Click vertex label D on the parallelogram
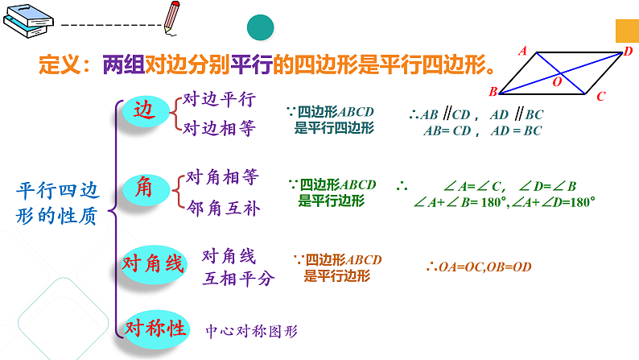[628, 52]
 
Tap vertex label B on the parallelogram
[493, 91]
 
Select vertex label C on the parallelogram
[600, 96]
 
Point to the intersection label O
[556, 81]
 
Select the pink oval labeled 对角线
[153, 263]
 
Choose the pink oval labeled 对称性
[155, 328]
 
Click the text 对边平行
[219, 99]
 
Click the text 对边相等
[219, 128]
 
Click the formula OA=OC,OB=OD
[479, 267]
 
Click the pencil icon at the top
[173, 17]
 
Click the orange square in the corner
[627, 30]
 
